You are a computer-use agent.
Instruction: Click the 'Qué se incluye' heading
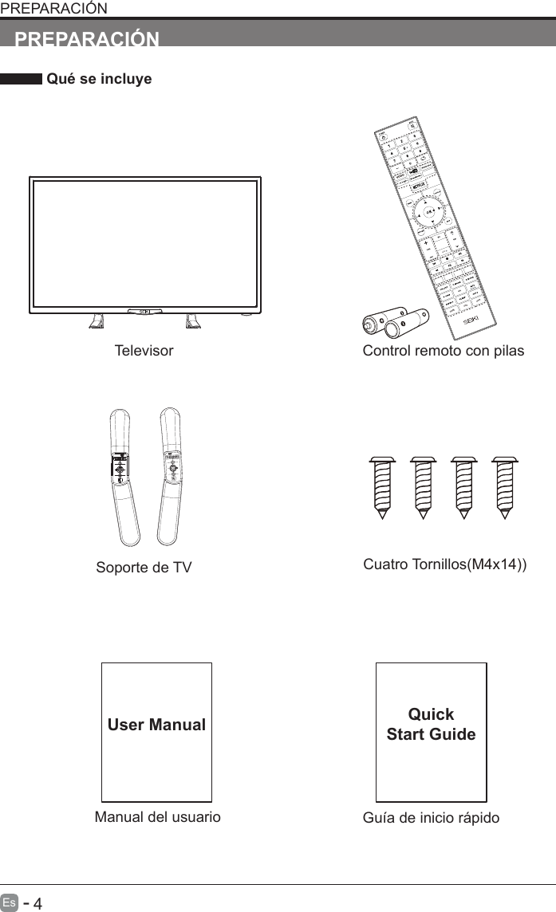click(x=99, y=80)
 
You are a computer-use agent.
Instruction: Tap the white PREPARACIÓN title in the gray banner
click(x=88, y=39)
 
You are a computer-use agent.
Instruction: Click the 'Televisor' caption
click(x=144, y=351)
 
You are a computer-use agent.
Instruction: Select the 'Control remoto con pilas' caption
click(x=444, y=351)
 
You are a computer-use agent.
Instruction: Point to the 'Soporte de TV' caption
click(x=144, y=568)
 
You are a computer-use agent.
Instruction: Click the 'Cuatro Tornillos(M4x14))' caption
click(x=444, y=565)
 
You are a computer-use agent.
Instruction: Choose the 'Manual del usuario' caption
click(x=157, y=817)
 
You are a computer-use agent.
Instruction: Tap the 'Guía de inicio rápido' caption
click(x=431, y=818)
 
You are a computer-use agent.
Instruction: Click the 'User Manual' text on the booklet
click(x=157, y=725)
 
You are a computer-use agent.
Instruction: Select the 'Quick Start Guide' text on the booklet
click(x=431, y=724)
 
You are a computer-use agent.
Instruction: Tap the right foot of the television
click(x=192, y=321)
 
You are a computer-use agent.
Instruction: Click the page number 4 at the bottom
click(x=37, y=903)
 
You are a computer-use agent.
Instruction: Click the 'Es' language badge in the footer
click(x=10, y=903)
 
